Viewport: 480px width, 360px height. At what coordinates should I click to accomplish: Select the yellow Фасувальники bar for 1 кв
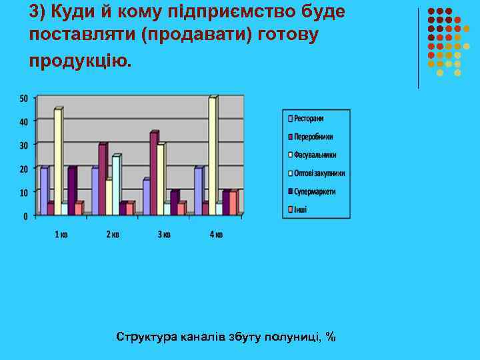pos(58,160)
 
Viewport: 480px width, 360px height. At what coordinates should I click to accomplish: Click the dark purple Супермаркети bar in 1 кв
pos(72,190)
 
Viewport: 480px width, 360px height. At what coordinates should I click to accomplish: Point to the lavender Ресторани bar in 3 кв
pos(146,196)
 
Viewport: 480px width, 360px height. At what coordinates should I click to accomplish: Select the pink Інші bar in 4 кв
pos(233,202)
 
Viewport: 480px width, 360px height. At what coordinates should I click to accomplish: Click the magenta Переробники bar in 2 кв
pos(103,177)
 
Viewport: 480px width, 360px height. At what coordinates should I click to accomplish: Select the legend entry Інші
pos(300,209)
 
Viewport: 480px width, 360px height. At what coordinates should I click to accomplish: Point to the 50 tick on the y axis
pos(24,99)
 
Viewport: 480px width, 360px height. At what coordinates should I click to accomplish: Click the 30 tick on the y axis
pos(24,145)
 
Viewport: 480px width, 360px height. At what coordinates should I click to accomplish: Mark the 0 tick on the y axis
pos(26,216)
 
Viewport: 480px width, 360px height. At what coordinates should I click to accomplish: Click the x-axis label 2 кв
pos(112,234)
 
